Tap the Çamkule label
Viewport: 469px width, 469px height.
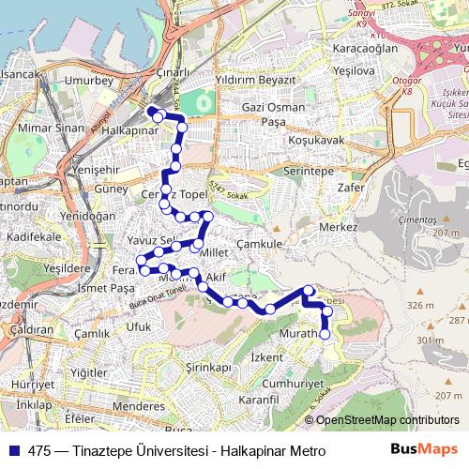259,243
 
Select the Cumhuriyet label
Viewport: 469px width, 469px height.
292,384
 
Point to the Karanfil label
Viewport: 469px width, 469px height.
260,400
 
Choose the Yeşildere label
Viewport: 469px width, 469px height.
67,267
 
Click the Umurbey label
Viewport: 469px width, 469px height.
88,82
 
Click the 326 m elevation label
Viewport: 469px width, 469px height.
420,305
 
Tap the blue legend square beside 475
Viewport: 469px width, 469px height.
12,450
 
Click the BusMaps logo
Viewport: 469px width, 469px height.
424,449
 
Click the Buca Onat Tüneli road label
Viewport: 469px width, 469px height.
158,294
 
